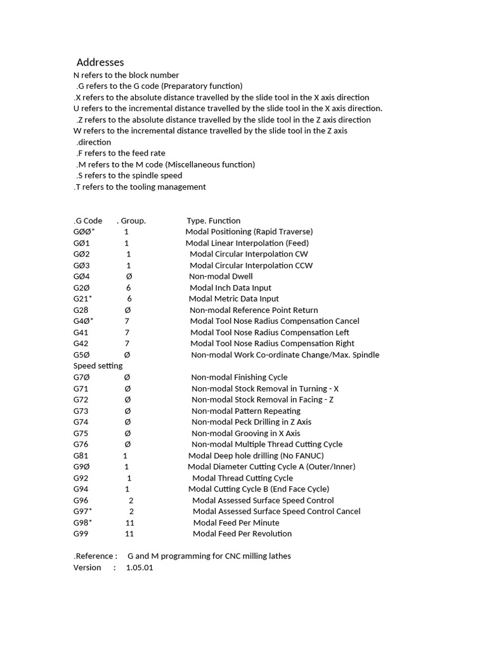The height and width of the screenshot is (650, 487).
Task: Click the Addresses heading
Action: [100, 62]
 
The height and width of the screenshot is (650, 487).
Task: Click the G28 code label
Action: [81, 310]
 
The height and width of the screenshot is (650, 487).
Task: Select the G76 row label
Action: [81, 444]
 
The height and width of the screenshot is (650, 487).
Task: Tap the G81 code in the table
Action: [81, 456]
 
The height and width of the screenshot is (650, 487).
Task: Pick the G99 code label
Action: [81, 534]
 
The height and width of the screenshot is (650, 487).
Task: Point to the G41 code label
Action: [81, 333]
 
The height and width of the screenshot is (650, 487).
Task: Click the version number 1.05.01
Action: [140, 567]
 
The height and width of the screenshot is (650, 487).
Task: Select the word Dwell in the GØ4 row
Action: [242, 276]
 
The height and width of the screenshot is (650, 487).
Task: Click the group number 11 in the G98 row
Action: [129, 522]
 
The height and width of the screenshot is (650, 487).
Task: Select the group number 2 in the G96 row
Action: [131, 500]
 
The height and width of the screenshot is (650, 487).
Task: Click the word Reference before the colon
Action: [94, 556]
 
